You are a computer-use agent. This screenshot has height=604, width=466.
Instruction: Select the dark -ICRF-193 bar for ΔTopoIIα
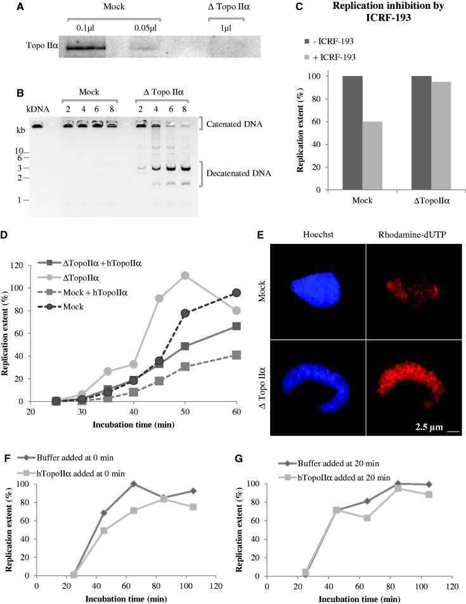pyautogui.click(x=420, y=132)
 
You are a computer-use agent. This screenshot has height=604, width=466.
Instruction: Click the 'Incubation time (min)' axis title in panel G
pyautogui.click(x=358, y=598)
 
